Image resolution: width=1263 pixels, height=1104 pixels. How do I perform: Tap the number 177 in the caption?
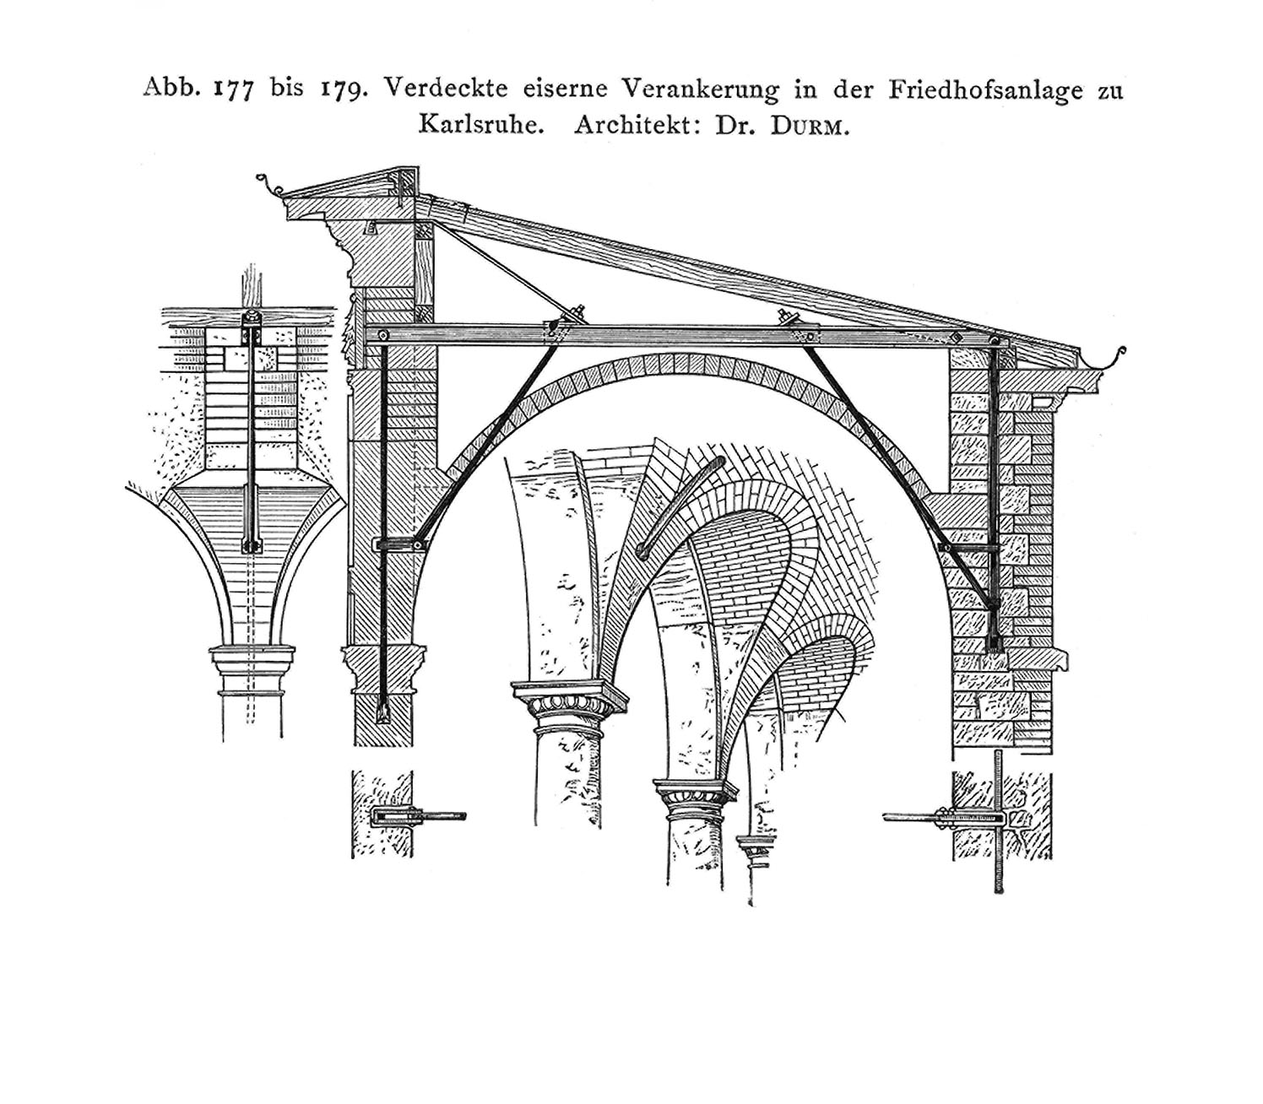click(233, 89)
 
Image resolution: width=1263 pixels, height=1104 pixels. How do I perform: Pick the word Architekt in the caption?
click(639, 126)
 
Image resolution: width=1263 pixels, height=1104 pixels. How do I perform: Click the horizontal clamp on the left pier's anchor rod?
click(400, 545)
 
